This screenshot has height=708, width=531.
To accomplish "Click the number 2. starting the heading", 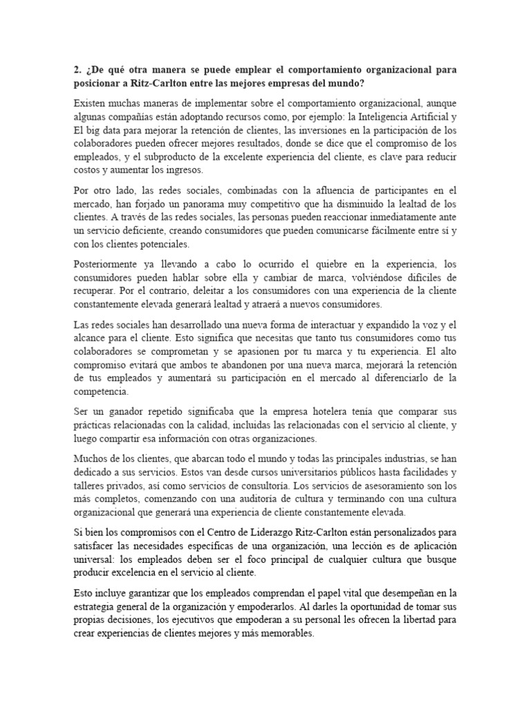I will (77, 70).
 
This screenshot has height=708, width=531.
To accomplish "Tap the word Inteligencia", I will (392, 116).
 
